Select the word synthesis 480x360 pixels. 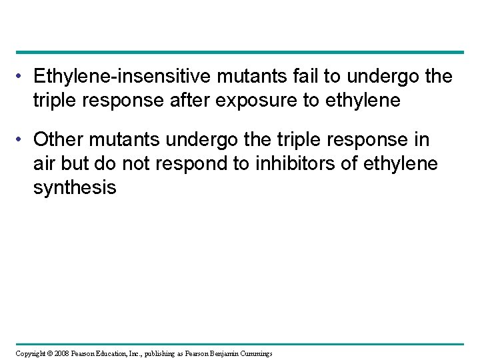click(75, 189)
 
